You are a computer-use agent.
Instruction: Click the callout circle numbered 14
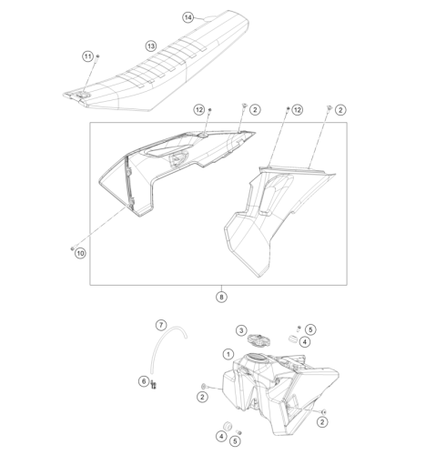[188, 17]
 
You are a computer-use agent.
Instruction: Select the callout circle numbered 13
[151, 46]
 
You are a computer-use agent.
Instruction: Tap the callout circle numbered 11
[87, 56]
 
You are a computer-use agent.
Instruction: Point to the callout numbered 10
[80, 253]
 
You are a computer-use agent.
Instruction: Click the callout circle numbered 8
[221, 297]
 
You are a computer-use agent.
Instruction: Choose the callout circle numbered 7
[161, 325]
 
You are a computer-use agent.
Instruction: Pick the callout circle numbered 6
[144, 381]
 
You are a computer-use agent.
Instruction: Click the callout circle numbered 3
[241, 330]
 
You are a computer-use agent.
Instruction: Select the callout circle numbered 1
[228, 354]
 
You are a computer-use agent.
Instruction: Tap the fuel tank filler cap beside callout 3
[258, 340]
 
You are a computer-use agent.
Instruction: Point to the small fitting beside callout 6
[153, 385]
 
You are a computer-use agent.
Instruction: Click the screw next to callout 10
[72, 248]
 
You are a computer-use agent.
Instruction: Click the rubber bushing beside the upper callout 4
[293, 339]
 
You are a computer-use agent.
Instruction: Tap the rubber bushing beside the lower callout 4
[228, 426]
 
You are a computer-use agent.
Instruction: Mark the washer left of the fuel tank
[204, 386]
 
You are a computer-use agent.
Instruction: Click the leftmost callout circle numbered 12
[199, 109]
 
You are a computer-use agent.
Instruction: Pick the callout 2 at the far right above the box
[340, 110]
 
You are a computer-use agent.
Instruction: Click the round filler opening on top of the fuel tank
[257, 357]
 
